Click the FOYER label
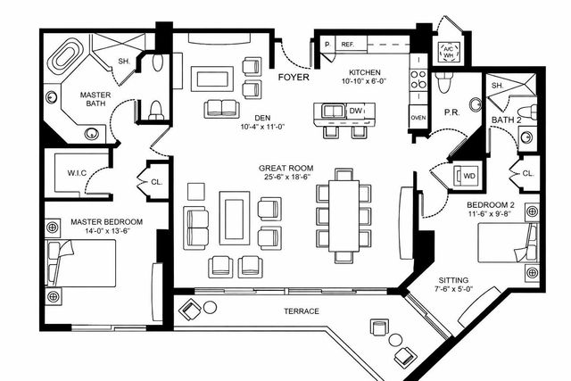[x=294, y=78]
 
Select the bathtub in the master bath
[x=64, y=60]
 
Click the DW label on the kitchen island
[x=355, y=111]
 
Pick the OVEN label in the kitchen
[x=418, y=117]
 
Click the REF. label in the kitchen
[x=347, y=44]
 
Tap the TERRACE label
[x=302, y=311]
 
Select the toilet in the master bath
[x=156, y=109]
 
